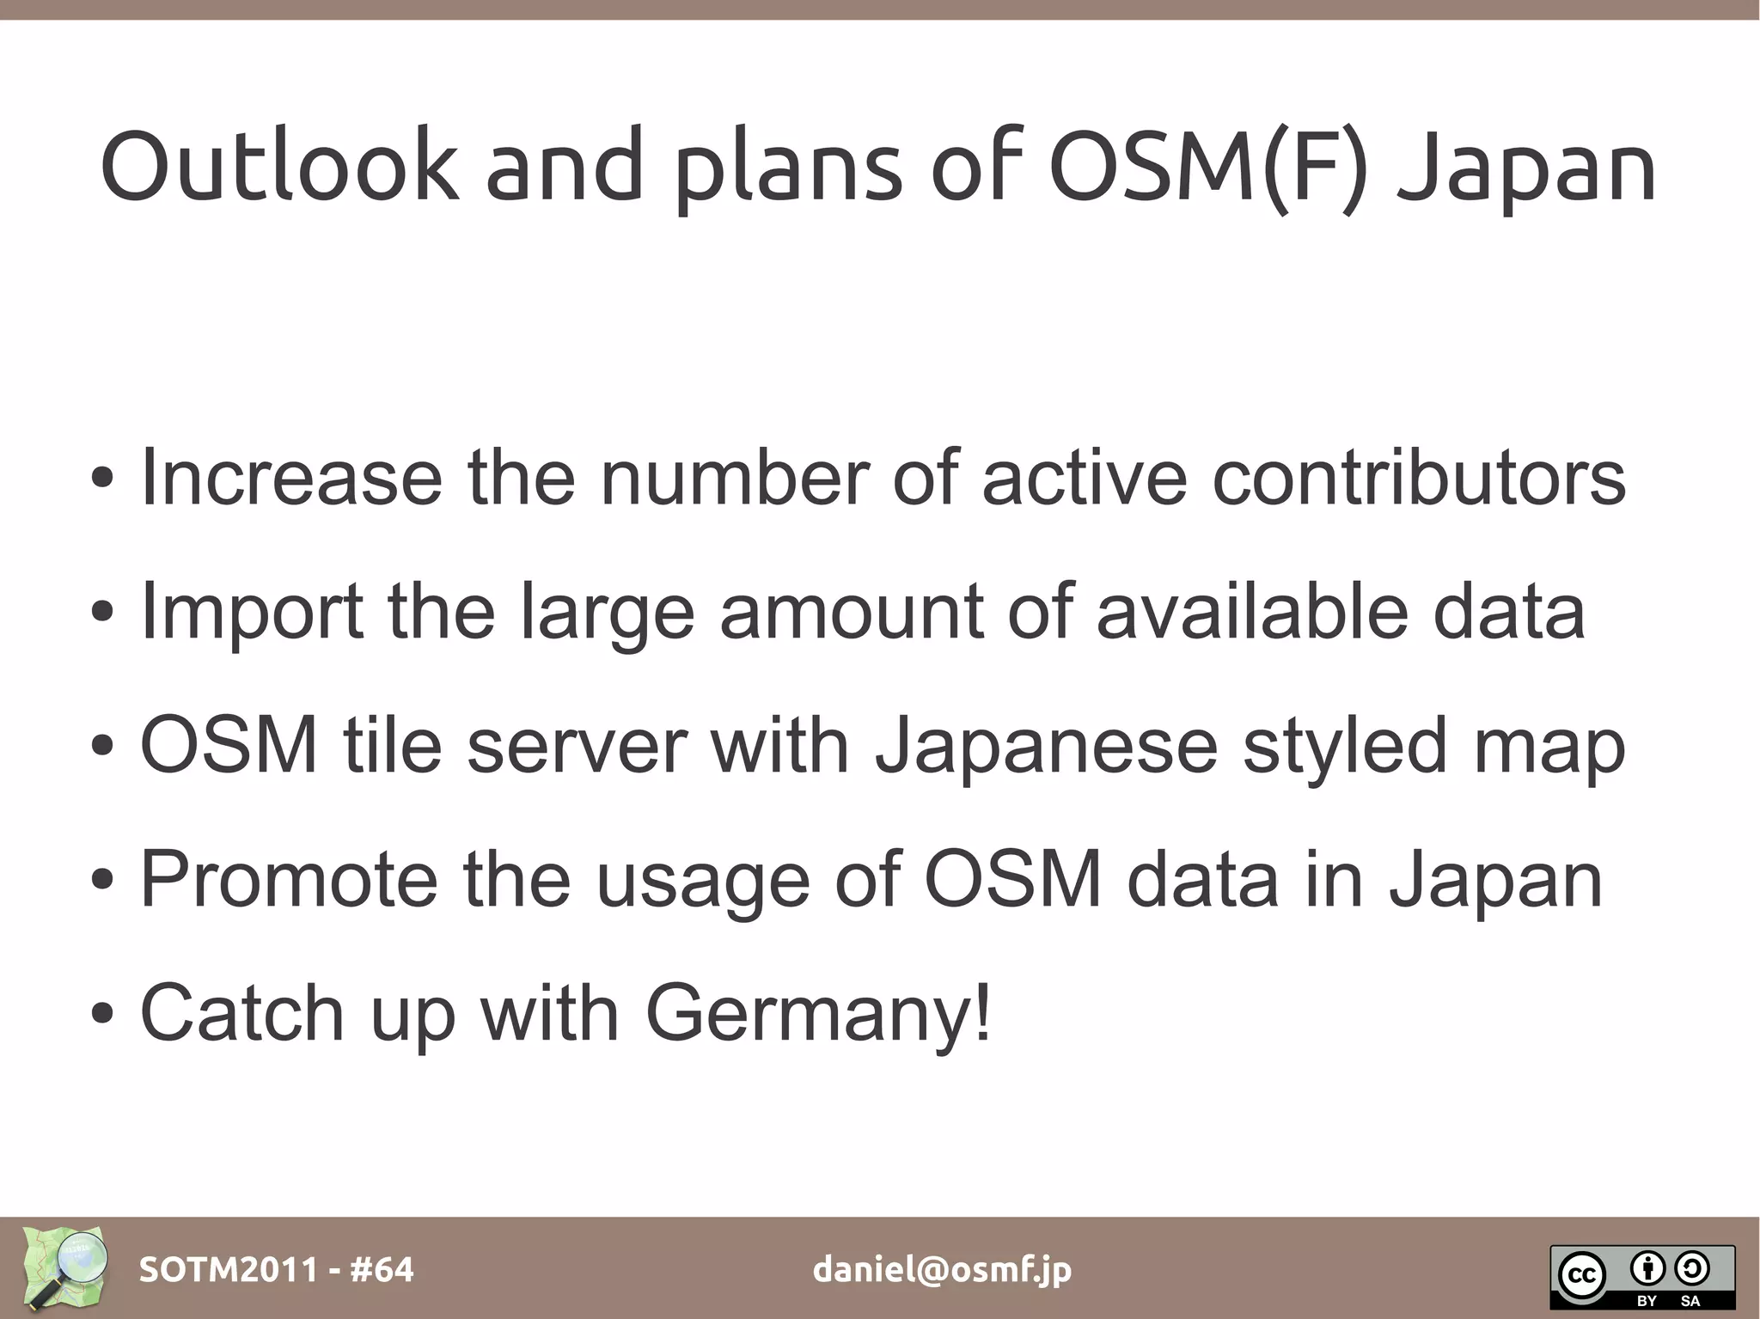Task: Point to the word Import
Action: pyautogui.click(x=252, y=613)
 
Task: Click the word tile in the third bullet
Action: pyautogui.click(x=393, y=745)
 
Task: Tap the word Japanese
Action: pyautogui.click(x=1046, y=747)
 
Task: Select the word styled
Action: pyautogui.click(x=1346, y=747)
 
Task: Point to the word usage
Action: pyautogui.click(x=703, y=881)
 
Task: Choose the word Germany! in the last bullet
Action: pyautogui.click(x=818, y=1015)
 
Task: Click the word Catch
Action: pyautogui.click(x=242, y=1013)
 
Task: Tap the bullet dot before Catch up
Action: pyautogui.click(x=102, y=1015)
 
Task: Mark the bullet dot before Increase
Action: pyautogui.click(x=102, y=479)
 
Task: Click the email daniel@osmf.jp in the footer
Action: pyautogui.click(x=942, y=1269)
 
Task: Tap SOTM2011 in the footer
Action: pyautogui.click(x=228, y=1269)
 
